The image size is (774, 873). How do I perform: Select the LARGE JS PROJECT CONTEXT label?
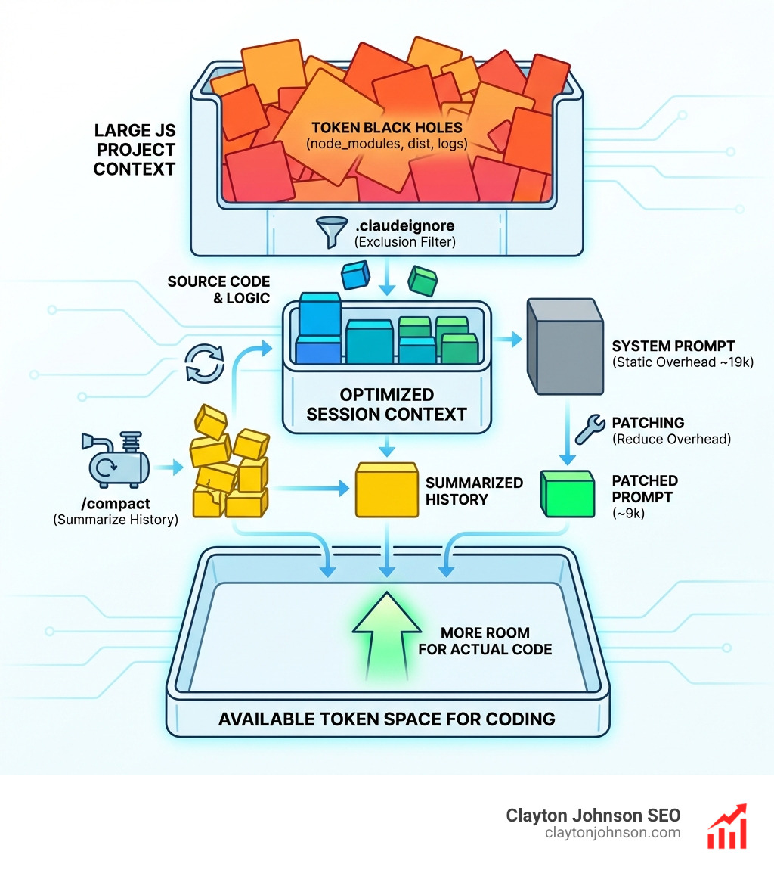coord(135,150)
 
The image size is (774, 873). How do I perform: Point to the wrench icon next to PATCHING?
coord(587,429)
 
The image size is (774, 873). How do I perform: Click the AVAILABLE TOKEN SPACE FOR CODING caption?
coord(387,718)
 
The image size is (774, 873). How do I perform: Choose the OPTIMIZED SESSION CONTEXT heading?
coord(387,405)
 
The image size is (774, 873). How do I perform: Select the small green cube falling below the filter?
coord(423,281)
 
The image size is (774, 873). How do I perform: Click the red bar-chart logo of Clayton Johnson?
coord(726,825)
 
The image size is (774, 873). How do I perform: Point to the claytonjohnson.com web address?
coord(612,833)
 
